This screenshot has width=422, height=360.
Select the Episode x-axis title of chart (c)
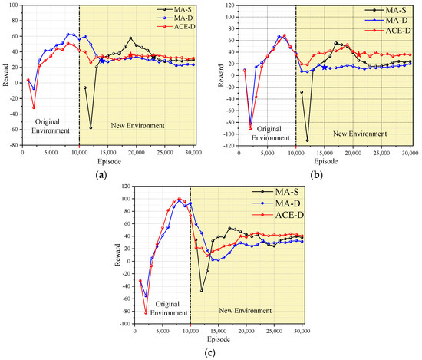(218, 339)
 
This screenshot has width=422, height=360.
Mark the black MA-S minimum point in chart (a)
(91, 127)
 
